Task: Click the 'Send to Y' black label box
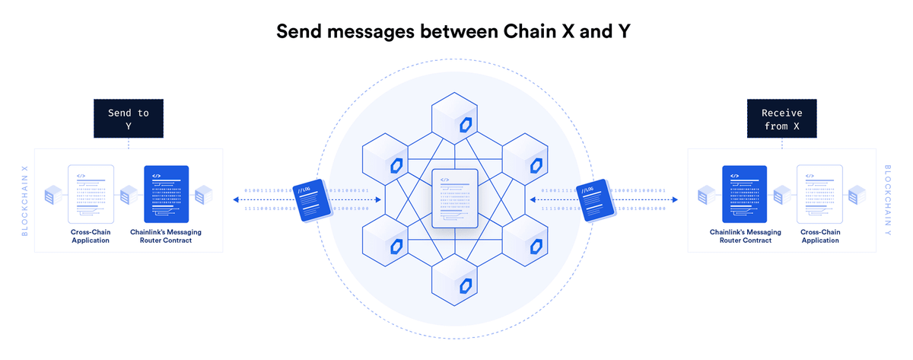pos(128,119)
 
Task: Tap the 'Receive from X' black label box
pos(781,119)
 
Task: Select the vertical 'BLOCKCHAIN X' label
pos(24,200)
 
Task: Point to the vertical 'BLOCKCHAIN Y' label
pos(888,200)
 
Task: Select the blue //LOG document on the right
pos(595,200)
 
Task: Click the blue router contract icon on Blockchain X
pos(166,193)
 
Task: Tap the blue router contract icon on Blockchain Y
pos(744,193)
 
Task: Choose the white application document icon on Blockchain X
pos(91,193)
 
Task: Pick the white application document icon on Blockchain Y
pos(819,193)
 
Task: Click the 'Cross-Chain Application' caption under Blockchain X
pos(91,235)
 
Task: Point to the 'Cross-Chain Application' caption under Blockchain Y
pos(819,235)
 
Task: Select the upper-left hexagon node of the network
pos(387,158)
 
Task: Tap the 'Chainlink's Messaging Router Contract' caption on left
pos(167,235)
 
